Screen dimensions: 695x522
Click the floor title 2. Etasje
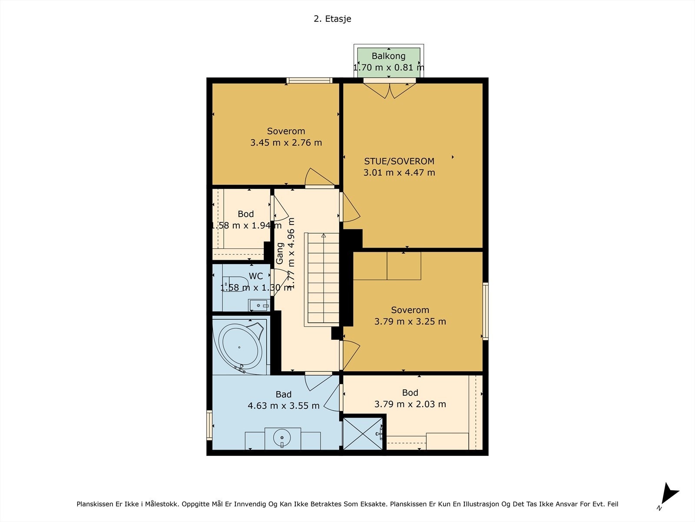[x=332, y=19]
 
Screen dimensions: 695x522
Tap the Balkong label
[x=388, y=56]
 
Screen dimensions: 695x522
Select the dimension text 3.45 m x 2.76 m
[x=286, y=143]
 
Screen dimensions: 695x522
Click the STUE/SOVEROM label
[x=399, y=161]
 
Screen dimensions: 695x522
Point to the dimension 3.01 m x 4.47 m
[x=399, y=173]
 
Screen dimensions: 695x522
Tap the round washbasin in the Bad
[x=282, y=438]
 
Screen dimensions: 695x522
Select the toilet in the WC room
[x=235, y=284]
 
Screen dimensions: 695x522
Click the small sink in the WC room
[x=259, y=305]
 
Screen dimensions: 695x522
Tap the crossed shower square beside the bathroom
[x=363, y=434]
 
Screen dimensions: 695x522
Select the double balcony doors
[x=390, y=90]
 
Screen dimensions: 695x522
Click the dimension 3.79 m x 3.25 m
[x=410, y=321]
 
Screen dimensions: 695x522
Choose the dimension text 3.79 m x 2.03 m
[x=410, y=404]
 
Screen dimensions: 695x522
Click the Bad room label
[x=283, y=394]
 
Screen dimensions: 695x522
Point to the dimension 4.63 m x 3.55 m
[x=283, y=406]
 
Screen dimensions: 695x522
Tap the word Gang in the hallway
[x=280, y=253]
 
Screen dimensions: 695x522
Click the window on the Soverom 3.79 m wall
[x=485, y=311]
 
